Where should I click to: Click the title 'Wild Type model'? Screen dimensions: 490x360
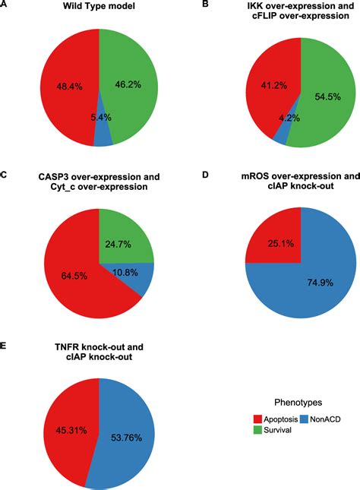[x=99, y=8]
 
